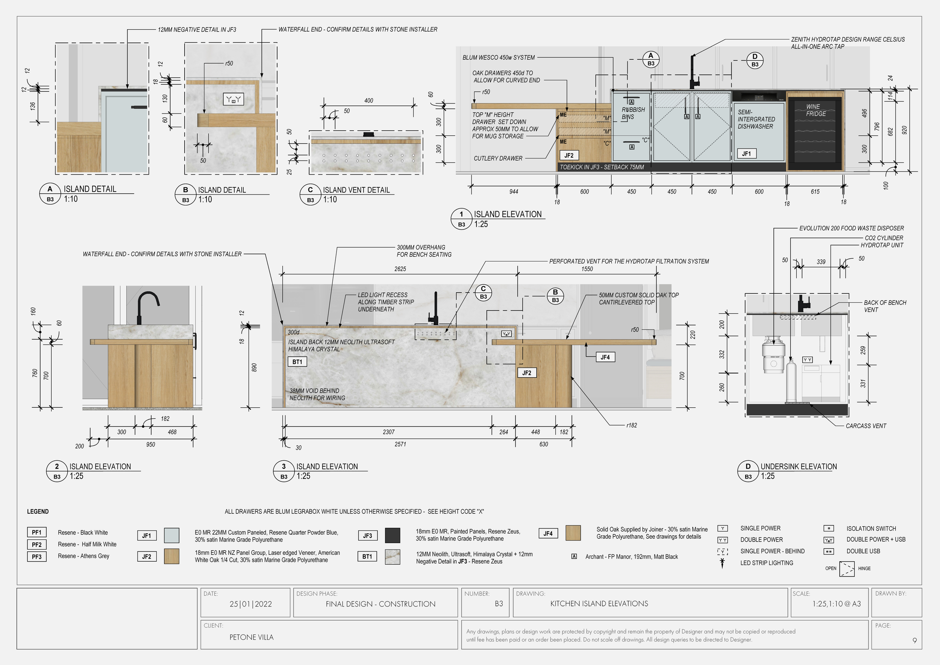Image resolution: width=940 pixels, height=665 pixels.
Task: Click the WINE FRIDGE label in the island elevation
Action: (816, 110)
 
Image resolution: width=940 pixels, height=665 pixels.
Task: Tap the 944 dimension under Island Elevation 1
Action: (513, 191)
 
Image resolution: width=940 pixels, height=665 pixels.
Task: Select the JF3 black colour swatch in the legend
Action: (392, 535)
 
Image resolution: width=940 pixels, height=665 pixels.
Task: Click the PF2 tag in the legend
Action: (36, 545)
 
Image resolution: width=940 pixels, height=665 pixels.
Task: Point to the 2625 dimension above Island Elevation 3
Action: (400, 269)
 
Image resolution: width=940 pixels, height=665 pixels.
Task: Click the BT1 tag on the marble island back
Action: (297, 362)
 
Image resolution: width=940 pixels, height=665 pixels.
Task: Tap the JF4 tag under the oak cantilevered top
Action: (605, 357)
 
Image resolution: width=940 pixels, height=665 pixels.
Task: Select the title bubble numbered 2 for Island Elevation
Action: (57, 466)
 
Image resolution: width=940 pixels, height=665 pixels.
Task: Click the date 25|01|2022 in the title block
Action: (250, 604)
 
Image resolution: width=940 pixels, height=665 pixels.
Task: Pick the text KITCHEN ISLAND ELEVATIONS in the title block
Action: (599, 604)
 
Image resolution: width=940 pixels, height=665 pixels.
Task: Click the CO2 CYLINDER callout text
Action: (884, 238)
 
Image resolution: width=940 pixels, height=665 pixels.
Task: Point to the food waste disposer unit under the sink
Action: (773, 355)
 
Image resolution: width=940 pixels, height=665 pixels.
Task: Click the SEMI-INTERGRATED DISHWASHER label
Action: (756, 119)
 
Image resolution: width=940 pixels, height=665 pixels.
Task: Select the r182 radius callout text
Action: (631, 425)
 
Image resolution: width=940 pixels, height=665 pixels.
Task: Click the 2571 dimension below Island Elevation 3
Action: (400, 444)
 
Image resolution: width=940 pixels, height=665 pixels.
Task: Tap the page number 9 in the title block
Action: (914, 641)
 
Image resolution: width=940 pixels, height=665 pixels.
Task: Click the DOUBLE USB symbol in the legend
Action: (829, 551)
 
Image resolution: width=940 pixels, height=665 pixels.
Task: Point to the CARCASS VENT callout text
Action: (866, 426)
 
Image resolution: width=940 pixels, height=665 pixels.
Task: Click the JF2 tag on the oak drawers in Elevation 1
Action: (569, 155)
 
